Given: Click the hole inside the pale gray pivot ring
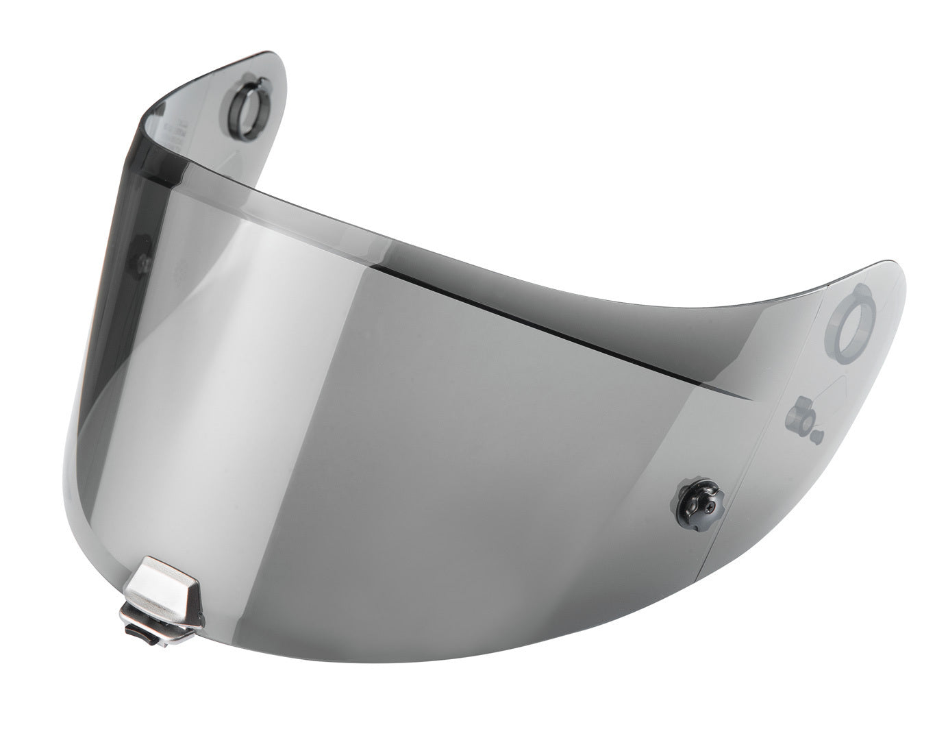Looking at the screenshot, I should click(x=850, y=317).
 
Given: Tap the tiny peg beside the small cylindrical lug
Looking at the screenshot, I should click(x=817, y=434).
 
